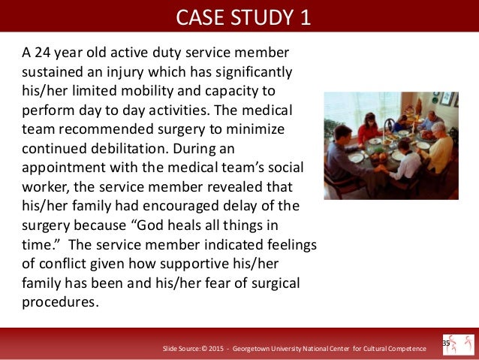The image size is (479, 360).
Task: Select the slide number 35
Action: [x=445, y=343]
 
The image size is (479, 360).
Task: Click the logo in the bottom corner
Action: [x=459, y=345]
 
